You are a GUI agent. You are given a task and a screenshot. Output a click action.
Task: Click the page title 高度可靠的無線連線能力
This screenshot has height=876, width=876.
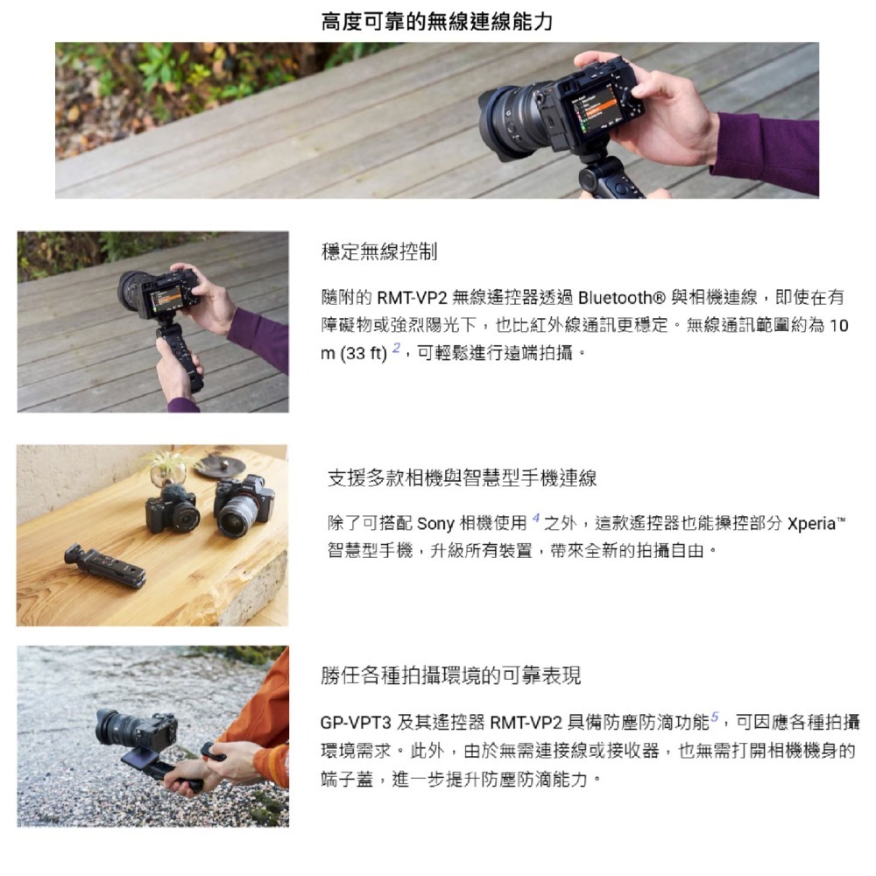pyautogui.click(x=437, y=21)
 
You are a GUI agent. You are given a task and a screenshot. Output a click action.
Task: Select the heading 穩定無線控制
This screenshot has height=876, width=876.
pyautogui.click(x=379, y=253)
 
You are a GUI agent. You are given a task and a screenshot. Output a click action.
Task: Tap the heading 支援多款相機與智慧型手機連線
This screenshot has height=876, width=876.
pyautogui.click(x=462, y=478)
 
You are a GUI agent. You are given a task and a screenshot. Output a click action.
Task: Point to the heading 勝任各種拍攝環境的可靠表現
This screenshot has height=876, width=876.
pyautogui.click(x=450, y=675)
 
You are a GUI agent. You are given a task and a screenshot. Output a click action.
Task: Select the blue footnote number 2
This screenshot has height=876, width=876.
pyautogui.click(x=396, y=350)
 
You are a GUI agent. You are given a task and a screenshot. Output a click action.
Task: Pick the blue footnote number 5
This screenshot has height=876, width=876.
pyautogui.click(x=714, y=718)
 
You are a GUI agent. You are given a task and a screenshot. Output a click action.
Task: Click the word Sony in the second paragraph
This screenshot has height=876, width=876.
pyautogui.click(x=435, y=525)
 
